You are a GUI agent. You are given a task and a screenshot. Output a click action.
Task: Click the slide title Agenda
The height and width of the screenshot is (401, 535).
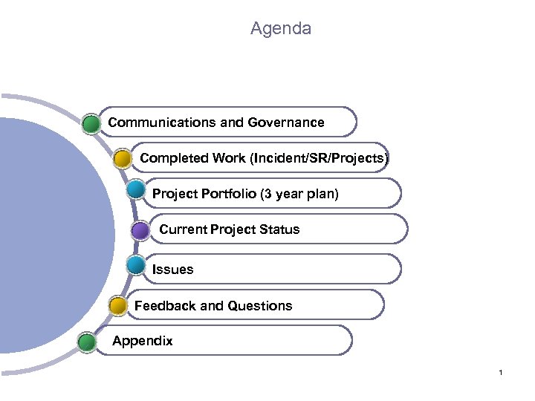click(x=281, y=29)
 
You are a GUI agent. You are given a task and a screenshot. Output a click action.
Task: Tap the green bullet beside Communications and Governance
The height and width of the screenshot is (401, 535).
click(x=91, y=123)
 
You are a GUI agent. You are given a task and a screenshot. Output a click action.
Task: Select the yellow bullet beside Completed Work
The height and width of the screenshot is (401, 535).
click(x=123, y=158)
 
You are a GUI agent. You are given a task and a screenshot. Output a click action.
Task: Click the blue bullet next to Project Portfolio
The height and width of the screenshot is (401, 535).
click(x=135, y=189)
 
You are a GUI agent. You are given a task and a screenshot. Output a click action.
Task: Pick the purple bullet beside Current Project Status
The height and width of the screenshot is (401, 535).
click(x=140, y=230)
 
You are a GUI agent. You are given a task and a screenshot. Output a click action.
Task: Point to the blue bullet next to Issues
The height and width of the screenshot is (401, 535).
click(x=135, y=264)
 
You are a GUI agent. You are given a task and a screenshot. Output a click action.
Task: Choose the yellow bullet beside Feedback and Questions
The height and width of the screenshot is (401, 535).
click(x=117, y=304)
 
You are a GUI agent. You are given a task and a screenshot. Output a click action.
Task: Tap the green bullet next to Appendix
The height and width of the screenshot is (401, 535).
click(x=88, y=342)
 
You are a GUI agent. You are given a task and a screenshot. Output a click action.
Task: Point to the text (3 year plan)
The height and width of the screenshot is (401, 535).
click(x=299, y=195)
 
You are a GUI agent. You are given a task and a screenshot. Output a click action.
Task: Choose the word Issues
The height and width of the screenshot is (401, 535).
click(x=172, y=270)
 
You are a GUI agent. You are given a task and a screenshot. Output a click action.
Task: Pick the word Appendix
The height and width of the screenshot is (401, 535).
click(x=142, y=342)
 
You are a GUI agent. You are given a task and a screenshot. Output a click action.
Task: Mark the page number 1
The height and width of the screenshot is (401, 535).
click(x=501, y=372)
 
